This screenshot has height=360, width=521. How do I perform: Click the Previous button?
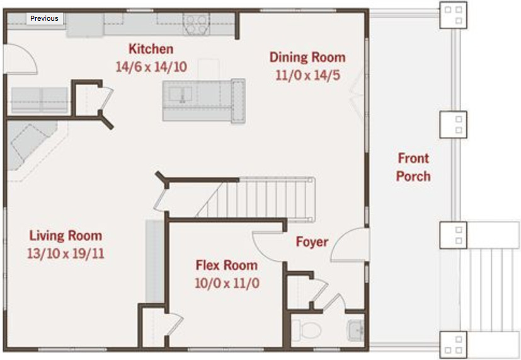click(x=45, y=18)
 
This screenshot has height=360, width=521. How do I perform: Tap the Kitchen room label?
click(x=151, y=49)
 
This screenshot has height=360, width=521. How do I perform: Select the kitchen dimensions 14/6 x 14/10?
click(x=151, y=67)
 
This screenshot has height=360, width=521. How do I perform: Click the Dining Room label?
click(x=307, y=57)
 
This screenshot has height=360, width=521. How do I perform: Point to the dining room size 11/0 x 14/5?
click(x=307, y=75)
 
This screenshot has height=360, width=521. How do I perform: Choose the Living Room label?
click(x=66, y=236)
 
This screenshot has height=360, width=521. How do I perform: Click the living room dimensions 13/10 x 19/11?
click(x=66, y=253)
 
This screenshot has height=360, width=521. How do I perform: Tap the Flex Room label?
click(x=227, y=265)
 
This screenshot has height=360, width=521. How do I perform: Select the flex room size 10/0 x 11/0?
click(x=227, y=283)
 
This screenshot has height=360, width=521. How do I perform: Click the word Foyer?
click(x=312, y=241)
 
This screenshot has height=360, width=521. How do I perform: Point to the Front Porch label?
click(x=413, y=167)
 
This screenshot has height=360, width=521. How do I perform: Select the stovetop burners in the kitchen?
click(x=196, y=25)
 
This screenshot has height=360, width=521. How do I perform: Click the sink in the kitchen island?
click(x=180, y=94)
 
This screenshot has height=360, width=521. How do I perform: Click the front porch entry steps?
click(x=490, y=290)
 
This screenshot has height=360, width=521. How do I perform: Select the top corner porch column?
click(x=453, y=15)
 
